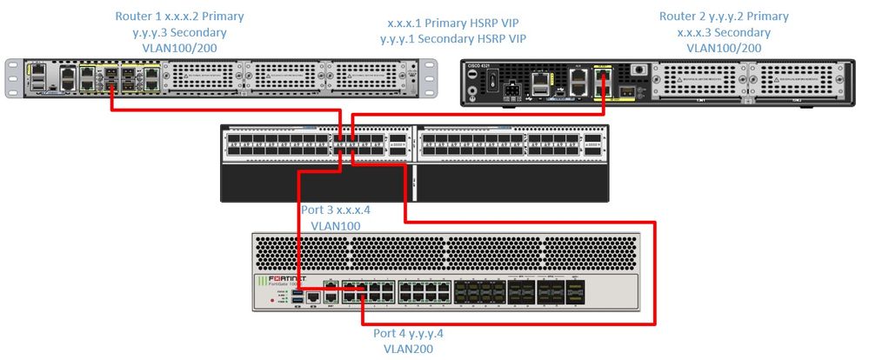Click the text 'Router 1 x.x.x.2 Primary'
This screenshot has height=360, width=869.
(179, 17)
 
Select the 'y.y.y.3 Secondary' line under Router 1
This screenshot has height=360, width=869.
(180, 32)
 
